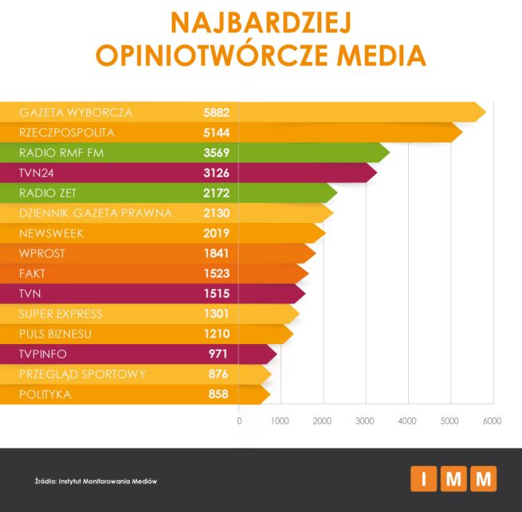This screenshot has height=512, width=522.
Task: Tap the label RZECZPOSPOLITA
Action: click(67, 132)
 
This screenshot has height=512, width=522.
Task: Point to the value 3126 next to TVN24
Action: click(216, 173)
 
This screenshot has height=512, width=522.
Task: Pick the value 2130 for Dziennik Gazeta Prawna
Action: click(216, 213)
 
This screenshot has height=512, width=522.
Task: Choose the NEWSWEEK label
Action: click(51, 233)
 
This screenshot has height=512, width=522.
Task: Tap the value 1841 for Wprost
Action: click(216, 253)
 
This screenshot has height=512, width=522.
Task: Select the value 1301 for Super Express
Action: click(216, 314)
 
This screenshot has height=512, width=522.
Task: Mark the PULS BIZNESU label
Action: click(55, 334)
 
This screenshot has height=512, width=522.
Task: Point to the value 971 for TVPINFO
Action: click(218, 354)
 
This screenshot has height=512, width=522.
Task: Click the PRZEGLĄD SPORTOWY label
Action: click(72, 373)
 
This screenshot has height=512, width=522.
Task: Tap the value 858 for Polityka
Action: click(218, 393)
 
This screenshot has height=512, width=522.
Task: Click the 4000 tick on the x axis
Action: click(407, 420)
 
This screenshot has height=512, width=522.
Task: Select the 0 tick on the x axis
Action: click(239, 420)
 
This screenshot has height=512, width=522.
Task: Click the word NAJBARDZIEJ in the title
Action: click(261, 21)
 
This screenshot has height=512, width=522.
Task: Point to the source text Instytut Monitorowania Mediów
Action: click(107, 482)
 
